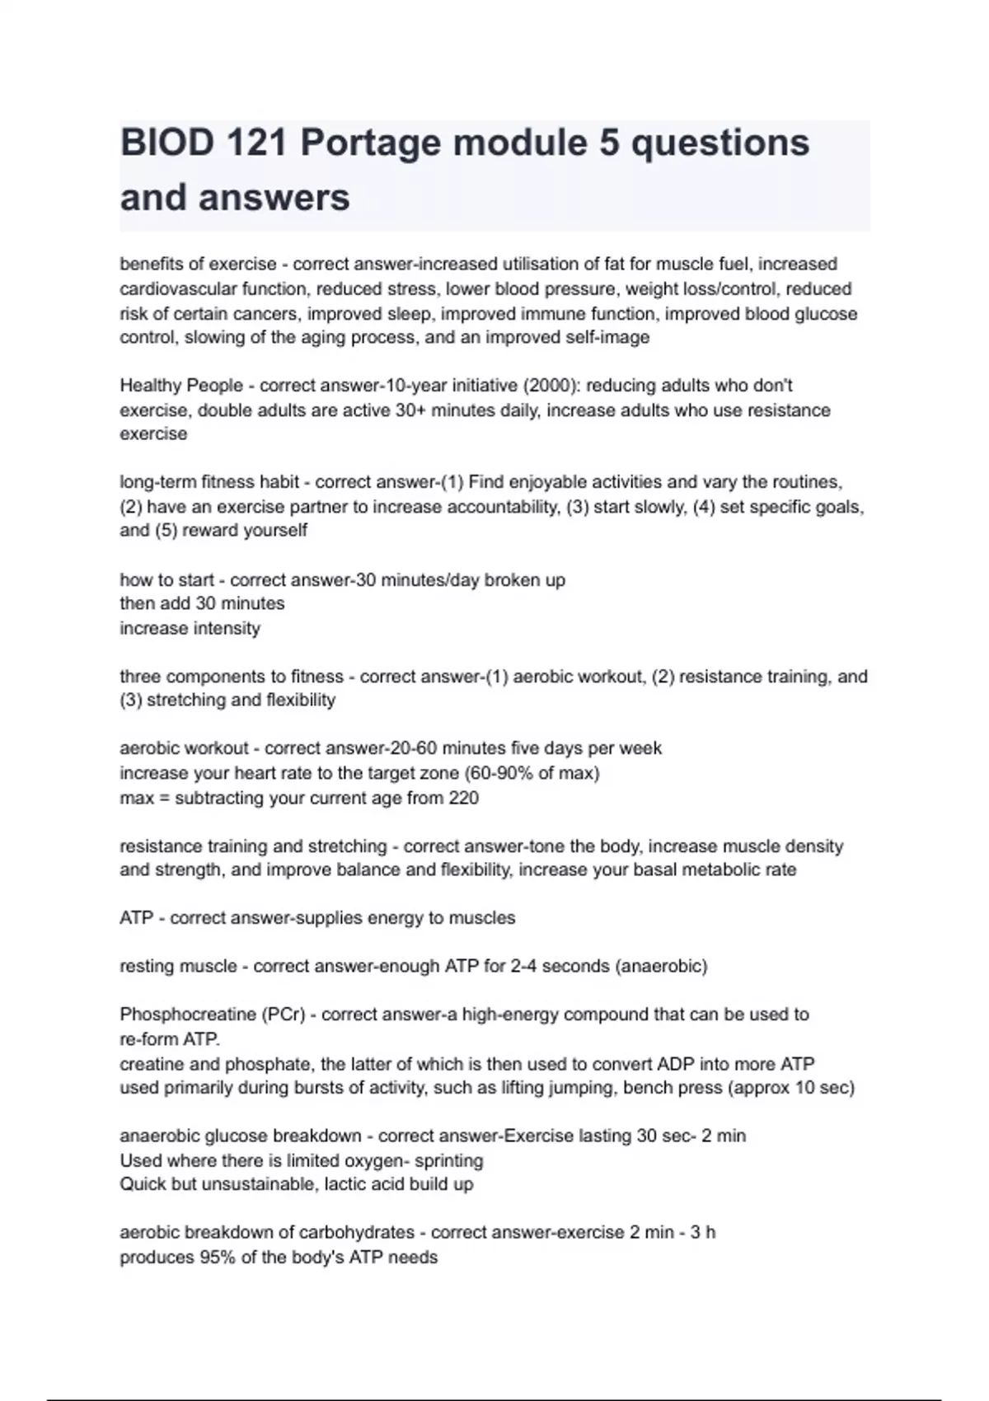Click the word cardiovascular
(x=172, y=289)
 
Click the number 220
(x=463, y=798)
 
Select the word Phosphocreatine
(x=187, y=1014)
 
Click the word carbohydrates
(x=356, y=1233)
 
